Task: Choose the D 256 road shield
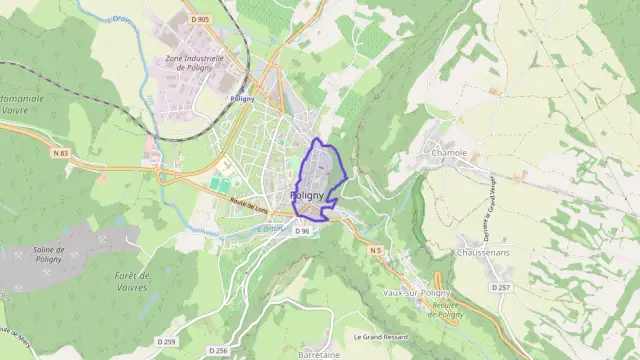pyautogui.click(x=220, y=350)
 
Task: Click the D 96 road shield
pyautogui.click(x=303, y=231)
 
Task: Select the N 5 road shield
pyautogui.click(x=376, y=249)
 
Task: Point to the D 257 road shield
pyautogui.click(x=502, y=288)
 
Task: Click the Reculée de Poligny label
pyautogui.click(x=448, y=310)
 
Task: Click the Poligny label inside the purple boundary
pyautogui.click(x=307, y=195)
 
